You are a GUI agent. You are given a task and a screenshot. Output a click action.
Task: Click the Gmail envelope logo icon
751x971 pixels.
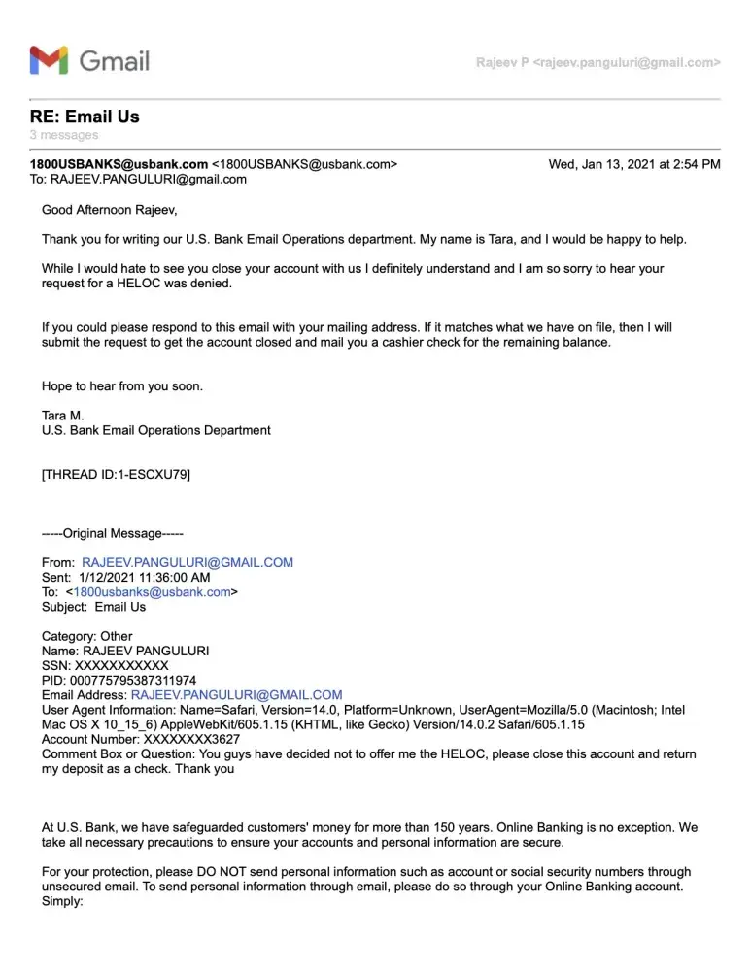pos(49,60)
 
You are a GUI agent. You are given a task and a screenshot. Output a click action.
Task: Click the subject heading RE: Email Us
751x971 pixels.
pos(85,117)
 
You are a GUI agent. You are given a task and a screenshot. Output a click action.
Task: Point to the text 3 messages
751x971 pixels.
pos(63,135)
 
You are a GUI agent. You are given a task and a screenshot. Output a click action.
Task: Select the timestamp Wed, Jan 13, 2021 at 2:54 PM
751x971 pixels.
pos(634,164)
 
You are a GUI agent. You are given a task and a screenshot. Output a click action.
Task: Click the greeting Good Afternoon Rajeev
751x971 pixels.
pos(110,209)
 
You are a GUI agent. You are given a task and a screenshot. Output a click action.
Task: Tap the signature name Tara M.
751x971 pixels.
pos(63,416)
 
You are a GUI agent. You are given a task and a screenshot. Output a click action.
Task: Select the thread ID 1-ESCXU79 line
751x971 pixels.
pos(116,475)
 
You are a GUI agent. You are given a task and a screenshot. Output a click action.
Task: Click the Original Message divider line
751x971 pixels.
pos(112,533)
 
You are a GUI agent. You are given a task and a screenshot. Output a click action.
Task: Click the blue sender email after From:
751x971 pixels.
pos(188,562)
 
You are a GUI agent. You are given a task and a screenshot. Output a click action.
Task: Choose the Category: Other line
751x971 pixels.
pos(86,637)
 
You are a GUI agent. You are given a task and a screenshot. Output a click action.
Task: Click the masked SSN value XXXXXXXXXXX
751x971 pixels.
pos(121,666)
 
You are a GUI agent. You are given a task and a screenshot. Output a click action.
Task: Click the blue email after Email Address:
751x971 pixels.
pos(236,695)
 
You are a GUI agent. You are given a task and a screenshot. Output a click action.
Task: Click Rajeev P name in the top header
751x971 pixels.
pos(502,62)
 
